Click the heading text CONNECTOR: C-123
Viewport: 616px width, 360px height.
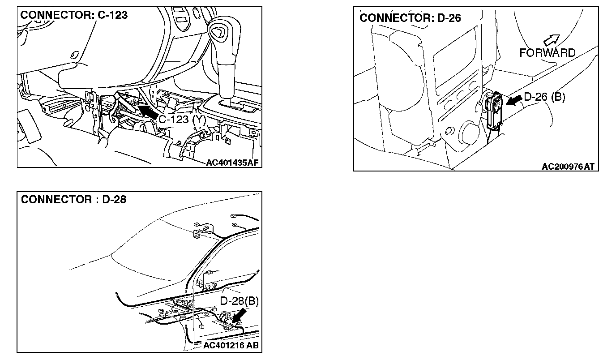[74, 15]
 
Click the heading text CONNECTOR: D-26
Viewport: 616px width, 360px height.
[410, 18]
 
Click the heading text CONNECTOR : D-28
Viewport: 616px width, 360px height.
[73, 199]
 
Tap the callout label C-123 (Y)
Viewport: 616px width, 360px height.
[182, 120]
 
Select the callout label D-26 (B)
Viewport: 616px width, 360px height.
[544, 97]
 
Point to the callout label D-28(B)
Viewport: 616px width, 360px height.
[240, 301]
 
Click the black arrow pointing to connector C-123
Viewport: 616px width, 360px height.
[148, 111]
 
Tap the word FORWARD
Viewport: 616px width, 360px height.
[547, 53]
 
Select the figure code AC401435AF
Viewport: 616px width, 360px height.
[233, 163]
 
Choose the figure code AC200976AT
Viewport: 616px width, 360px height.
[568, 167]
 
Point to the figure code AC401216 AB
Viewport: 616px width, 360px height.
[231, 346]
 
